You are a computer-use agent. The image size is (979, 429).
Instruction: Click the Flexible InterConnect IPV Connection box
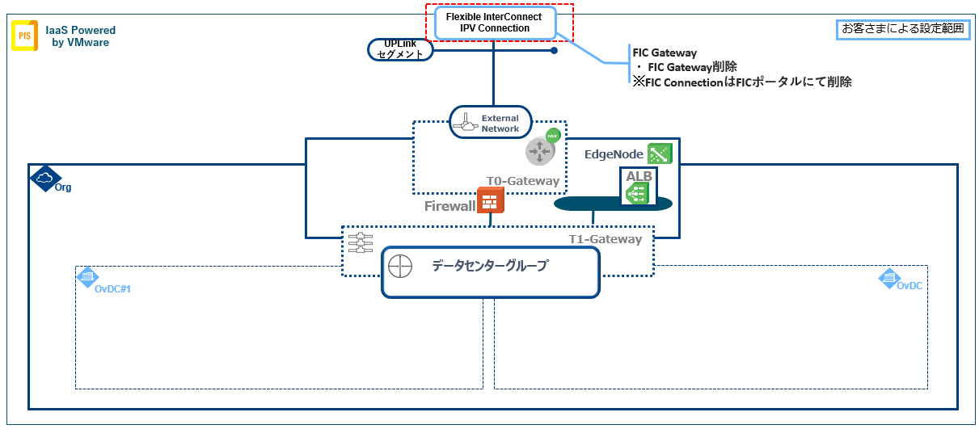click(495, 23)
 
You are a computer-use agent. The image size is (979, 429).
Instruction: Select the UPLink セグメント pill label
click(401, 50)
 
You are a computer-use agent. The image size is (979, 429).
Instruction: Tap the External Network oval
click(491, 123)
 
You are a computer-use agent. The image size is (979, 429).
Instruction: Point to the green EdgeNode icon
click(660, 154)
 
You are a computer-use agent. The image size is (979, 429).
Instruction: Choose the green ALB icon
click(639, 191)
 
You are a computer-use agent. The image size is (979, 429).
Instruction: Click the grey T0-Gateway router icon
click(538, 151)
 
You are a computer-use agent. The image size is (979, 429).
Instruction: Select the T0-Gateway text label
click(522, 181)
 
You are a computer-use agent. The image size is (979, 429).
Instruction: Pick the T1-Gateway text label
click(606, 239)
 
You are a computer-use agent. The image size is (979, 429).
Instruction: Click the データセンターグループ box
click(491, 272)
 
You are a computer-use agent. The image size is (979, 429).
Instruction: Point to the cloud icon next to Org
click(44, 178)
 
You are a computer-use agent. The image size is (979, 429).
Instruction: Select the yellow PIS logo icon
click(24, 36)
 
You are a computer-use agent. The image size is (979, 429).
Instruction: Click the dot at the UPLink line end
click(554, 51)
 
